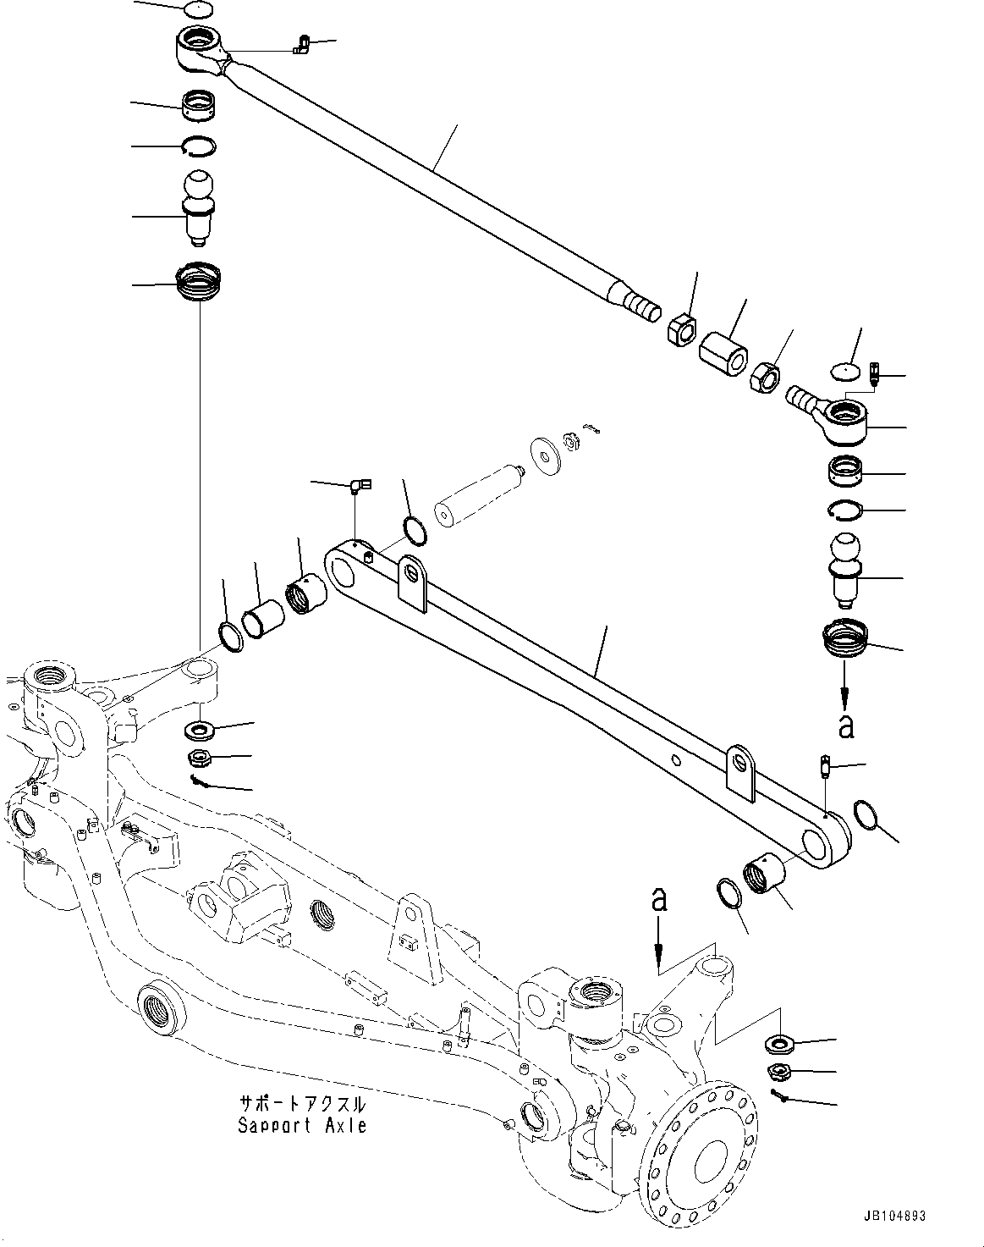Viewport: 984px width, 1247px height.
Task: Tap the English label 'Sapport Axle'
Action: point(302,1126)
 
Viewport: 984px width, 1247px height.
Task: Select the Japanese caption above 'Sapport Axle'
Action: point(302,1105)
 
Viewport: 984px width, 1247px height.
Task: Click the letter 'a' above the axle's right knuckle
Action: point(658,900)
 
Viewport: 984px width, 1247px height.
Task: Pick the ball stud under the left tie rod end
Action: point(200,207)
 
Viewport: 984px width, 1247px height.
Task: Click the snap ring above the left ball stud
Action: point(200,146)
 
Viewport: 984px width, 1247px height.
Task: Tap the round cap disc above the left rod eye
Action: point(200,10)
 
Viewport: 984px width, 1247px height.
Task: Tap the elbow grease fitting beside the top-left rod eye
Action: point(300,43)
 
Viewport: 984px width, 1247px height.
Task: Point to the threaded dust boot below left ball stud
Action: point(199,282)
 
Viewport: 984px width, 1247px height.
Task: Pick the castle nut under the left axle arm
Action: point(201,756)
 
